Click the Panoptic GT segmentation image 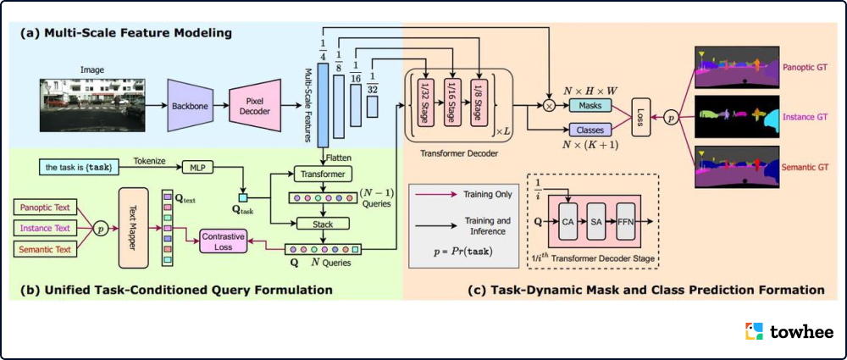[734, 67]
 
